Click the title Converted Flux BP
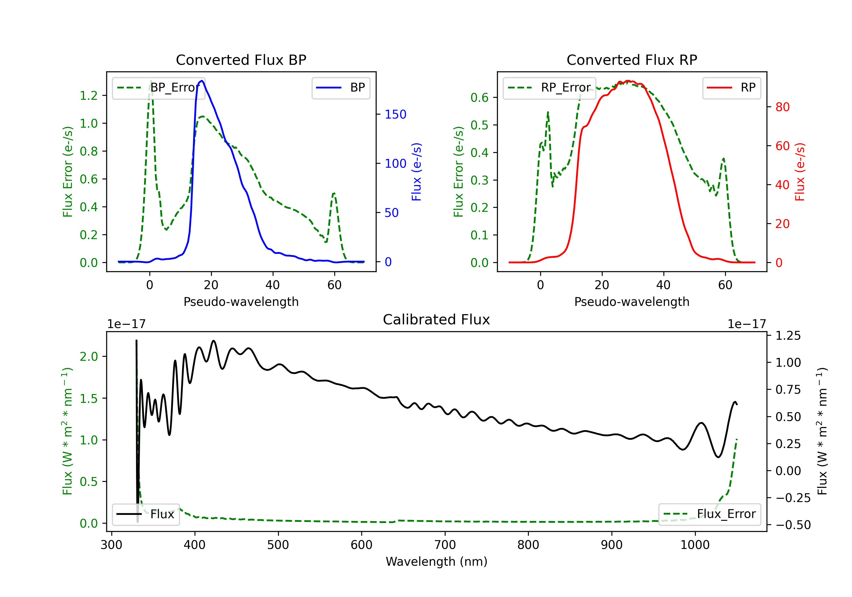pos(241,60)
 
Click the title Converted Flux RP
pos(632,60)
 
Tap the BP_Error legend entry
pos(158,88)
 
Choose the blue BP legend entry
pos(341,88)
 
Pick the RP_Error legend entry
pos(549,88)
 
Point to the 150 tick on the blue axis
pos(395,114)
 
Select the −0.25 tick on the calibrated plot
pos(793,498)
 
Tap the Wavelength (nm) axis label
pos(437,561)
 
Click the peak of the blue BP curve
pos(201,81)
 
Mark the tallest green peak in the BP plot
pos(151,81)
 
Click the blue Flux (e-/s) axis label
pos(416,172)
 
